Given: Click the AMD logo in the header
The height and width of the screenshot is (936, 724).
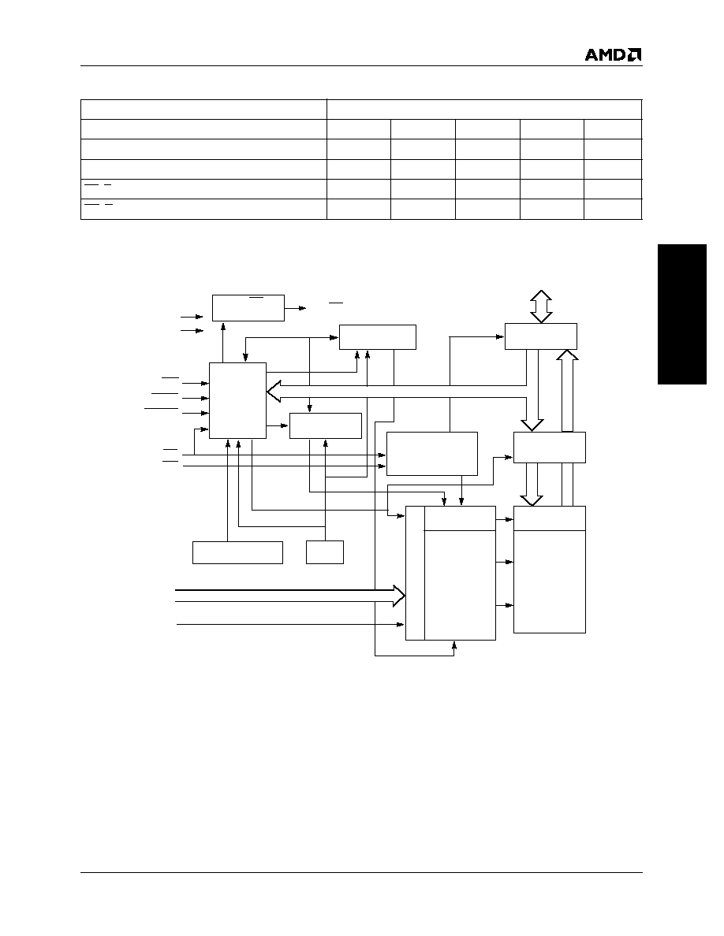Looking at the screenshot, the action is coord(613,55).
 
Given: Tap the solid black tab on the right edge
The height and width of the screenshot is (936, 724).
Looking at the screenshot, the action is coord(682,314).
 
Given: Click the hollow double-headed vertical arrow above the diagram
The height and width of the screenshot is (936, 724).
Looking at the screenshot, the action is coord(540,306).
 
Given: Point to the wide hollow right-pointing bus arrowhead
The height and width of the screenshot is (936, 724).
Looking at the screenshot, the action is coord(399,596).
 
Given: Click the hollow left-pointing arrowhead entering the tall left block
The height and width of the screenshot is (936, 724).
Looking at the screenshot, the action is coord(273,392).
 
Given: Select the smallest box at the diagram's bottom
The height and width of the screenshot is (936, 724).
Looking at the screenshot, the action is coord(325,552).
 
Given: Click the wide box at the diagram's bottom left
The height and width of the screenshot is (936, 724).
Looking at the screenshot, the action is coord(237,552).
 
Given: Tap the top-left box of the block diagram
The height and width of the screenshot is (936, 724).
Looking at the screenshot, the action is coord(248,307).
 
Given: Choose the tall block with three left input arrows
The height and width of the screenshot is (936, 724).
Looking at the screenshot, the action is coord(237,400).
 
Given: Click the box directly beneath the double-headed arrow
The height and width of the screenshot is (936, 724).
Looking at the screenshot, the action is coord(540,336).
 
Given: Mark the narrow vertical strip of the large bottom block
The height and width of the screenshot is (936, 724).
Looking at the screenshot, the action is coord(415,573).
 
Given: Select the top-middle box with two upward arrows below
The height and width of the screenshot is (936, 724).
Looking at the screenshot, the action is coord(378,337).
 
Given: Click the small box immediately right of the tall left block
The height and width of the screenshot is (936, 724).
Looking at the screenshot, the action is coord(326,425).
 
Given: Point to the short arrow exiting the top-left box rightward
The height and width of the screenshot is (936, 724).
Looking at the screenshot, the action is coord(295,308).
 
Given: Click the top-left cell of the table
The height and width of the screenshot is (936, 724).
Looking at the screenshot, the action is coord(203,110).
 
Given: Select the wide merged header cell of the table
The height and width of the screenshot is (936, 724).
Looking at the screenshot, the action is coord(484,110).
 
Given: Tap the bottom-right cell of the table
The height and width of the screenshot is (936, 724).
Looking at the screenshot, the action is coord(613,209).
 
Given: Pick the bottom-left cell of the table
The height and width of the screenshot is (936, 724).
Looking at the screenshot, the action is coord(203,209).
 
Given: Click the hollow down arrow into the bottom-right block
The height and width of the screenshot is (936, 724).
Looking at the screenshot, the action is coord(532,484).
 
